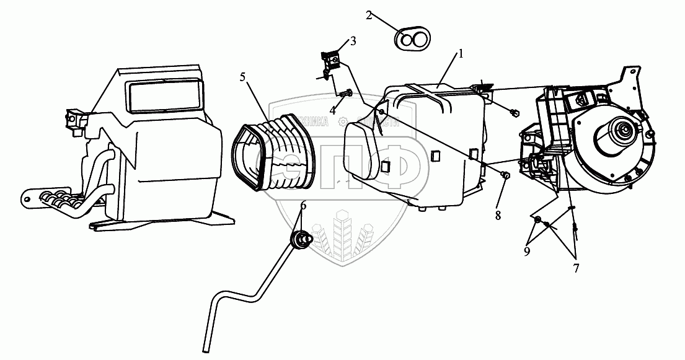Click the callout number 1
(x=461, y=54)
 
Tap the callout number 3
(x=353, y=42)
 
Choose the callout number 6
(x=303, y=206)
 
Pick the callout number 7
(x=576, y=268)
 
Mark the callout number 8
(x=497, y=216)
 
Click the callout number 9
(x=527, y=252)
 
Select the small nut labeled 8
(x=505, y=175)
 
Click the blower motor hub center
(x=622, y=131)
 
